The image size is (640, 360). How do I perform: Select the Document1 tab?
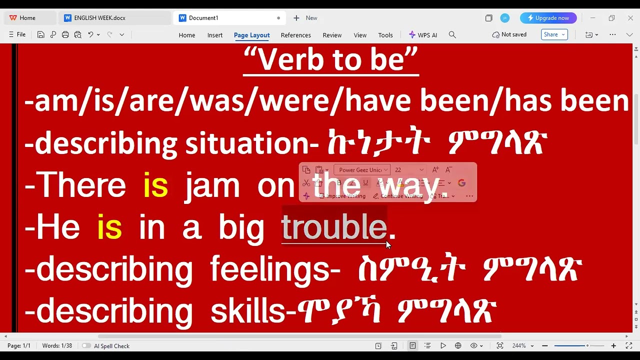pyautogui.click(x=203, y=18)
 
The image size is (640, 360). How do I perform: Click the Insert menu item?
pyautogui.click(x=215, y=35)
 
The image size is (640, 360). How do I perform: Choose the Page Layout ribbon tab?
pyautogui.click(x=251, y=35)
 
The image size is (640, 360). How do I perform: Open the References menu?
pyautogui.click(x=295, y=35)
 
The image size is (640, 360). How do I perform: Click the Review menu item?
pyautogui.click(x=332, y=35)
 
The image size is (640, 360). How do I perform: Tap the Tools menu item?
pyautogui.click(x=385, y=35)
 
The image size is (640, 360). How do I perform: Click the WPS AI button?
pyautogui.click(x=423, y=35)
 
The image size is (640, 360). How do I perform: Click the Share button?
pyautogui.click(x=554, y=34)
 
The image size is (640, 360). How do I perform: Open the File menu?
pyautogui.click(x=17, y=34)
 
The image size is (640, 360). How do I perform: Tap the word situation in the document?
pyautogui.click(x=247, y=144)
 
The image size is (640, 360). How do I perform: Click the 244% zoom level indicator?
pyautogui.click(x=519, y=346)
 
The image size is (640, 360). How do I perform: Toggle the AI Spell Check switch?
pyautogui.click(x=86, y=346)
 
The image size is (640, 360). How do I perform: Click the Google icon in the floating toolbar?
pyautogui.click(x=461, y=183)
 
